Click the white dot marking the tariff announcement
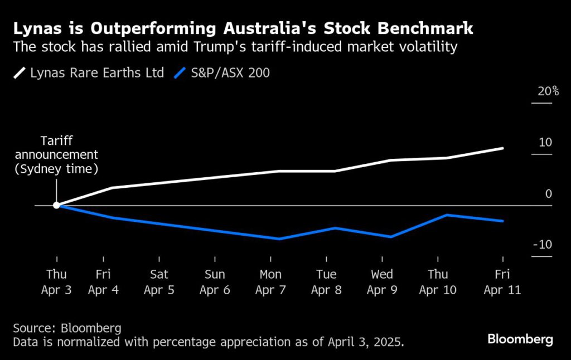point(56,206)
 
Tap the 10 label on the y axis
point(545,143)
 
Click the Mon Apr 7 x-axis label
point(270,282)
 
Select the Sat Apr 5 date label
point(159,282)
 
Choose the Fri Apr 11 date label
point(502,282)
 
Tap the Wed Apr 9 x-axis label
point(382,282)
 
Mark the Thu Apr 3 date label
point(56,282)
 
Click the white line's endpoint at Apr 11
point(503,148)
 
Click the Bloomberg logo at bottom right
point(520,339)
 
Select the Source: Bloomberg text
point(67,328)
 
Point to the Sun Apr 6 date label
point(215,282)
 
